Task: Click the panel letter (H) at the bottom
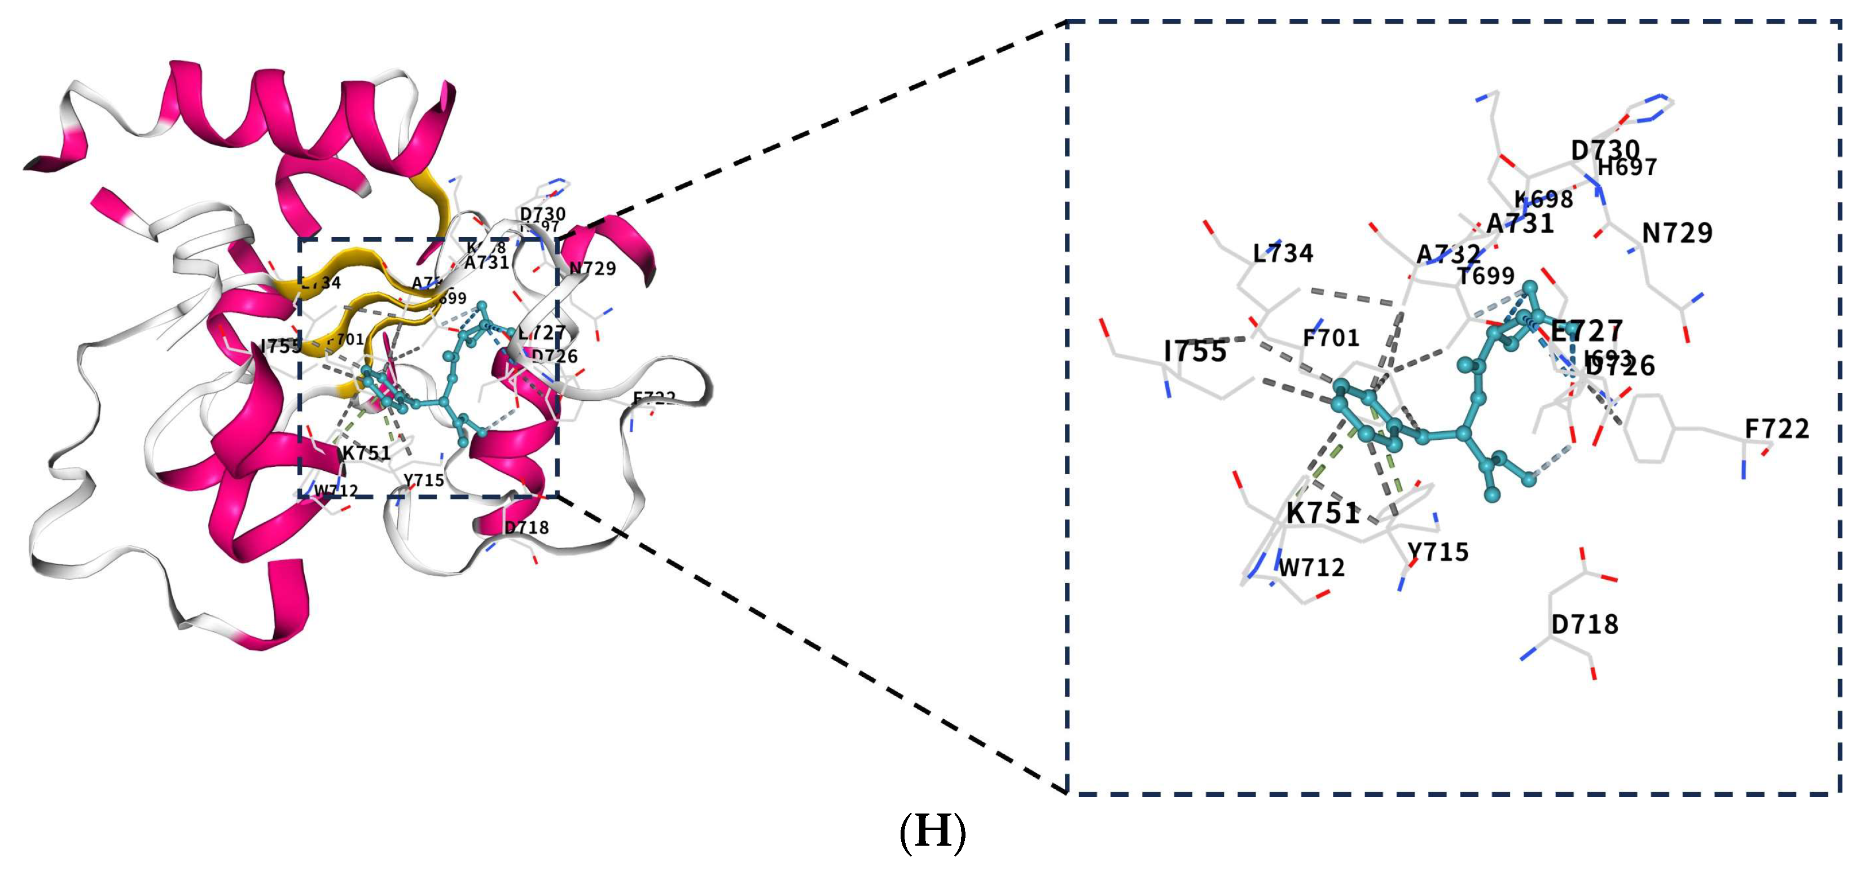point(932,833)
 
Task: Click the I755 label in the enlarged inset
point(1195,352)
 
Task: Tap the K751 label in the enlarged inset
point(1323,513)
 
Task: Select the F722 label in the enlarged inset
point(1776,430)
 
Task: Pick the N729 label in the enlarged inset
point(1677,233)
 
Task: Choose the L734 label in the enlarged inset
point(1283,253)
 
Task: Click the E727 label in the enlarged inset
point(1586,331)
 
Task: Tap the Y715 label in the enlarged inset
point(1438,553)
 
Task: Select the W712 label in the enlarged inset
point(1311,568)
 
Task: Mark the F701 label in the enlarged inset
point(1331,338)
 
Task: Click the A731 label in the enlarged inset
point(1520,224)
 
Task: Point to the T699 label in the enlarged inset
point(1486,276)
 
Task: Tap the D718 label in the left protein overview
point(526,528)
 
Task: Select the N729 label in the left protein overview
point(592,269)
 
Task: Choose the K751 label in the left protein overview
point(366,453)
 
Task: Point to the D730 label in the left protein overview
point(542,213)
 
